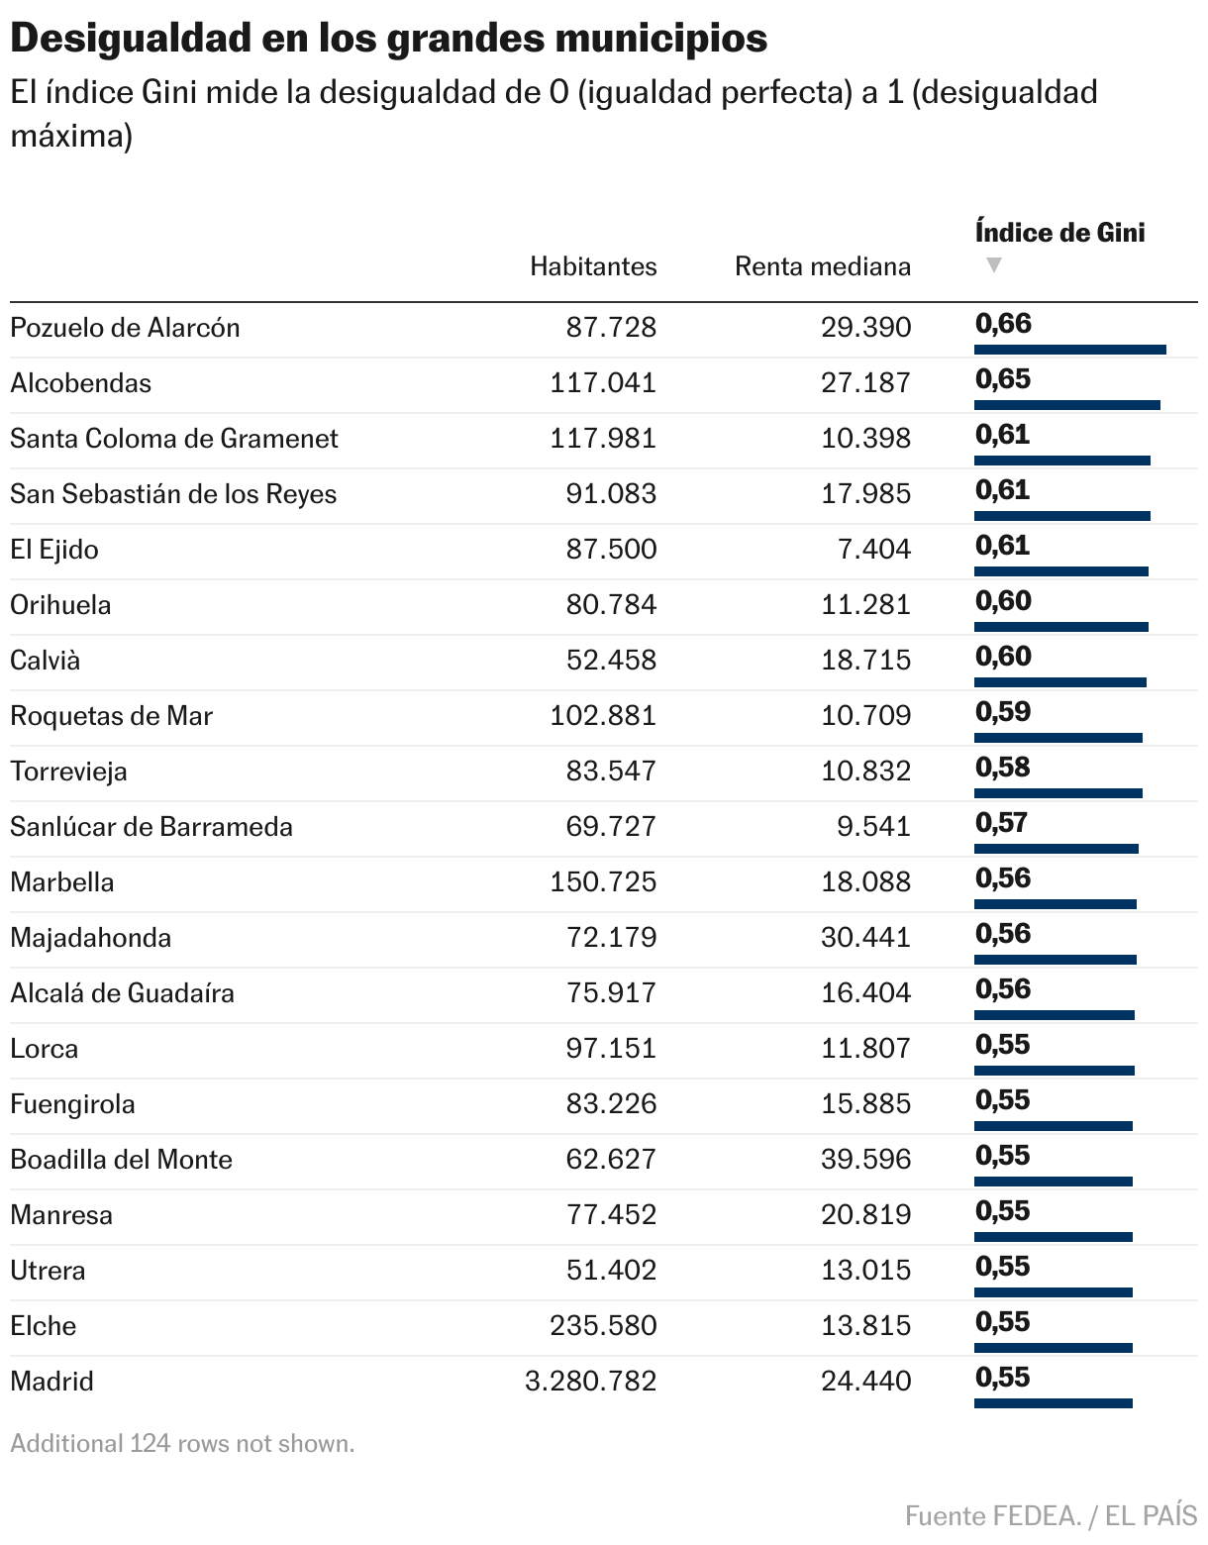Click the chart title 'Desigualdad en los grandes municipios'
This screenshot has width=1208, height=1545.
pos(388,38)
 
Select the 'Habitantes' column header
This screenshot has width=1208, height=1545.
pos(593,266)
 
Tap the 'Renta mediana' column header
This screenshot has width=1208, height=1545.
pos(822,266)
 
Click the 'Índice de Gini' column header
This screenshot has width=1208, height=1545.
pos(1059,233)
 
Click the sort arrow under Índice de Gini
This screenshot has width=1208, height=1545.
pos(994,265)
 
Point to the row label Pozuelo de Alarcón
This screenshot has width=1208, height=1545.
pos(125,328)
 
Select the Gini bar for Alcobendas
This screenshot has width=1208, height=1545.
pos(1066,405)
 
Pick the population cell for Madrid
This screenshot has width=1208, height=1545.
pos(590,1382)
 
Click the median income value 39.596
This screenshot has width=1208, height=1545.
pos(865,1160)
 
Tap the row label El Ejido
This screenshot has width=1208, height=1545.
pos(54,550)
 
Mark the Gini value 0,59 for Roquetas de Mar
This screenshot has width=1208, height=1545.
pos(1003,712)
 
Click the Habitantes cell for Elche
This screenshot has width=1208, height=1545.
pos(603,1326)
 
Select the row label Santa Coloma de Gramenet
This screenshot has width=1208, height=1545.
pos(174,439)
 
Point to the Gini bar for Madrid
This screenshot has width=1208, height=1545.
pos(1053,1403)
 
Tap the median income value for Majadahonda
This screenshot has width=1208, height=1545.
pos(865,938)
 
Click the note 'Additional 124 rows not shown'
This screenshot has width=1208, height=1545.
pos(182,1444)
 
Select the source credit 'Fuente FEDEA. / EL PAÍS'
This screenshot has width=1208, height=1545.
pos(1051,1515)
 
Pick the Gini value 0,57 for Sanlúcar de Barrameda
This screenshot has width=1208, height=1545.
pos(1001,823)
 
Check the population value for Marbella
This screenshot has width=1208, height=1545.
pos(603,882)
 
